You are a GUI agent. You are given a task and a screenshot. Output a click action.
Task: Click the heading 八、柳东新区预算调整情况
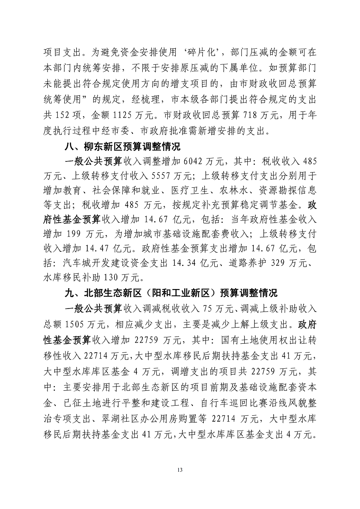[x=122, y=147]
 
